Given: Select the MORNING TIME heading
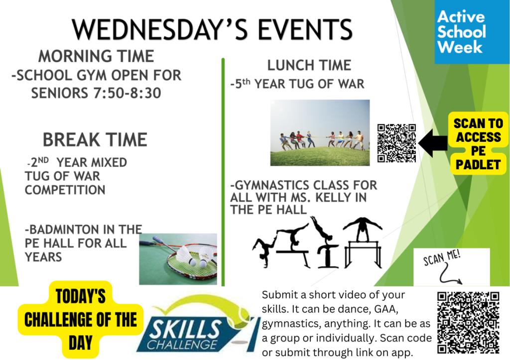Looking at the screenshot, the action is [x=96, y=56].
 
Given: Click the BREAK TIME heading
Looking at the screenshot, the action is [x=95, y=140].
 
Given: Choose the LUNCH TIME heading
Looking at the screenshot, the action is [x=309, y=65].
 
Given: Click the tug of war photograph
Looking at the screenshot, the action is [x=320, y=132].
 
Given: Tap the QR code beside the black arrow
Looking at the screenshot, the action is [x=396, y=143].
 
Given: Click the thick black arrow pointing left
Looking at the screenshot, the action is [x=433, y=143].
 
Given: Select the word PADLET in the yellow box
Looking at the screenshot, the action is [x=478, y=164].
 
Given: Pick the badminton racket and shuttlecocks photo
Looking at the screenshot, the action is [x=178, y=259].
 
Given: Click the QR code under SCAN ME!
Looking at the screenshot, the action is [x=468, y=323].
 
